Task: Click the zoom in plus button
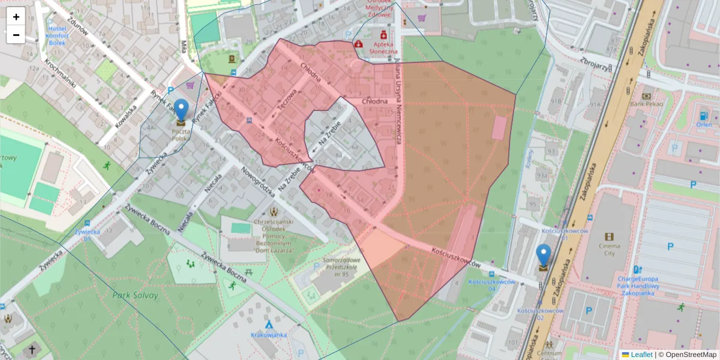coord(16,17)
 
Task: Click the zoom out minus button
coord(16,35)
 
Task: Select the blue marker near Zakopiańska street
coord(544,257)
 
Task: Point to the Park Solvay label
coord(135,295)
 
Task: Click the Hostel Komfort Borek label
coord(57,35)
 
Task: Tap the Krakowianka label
coord(268,334)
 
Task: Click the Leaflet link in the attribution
coord(641,355)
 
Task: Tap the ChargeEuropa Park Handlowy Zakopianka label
coord(638,282)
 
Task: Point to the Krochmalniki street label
coord(60,75)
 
